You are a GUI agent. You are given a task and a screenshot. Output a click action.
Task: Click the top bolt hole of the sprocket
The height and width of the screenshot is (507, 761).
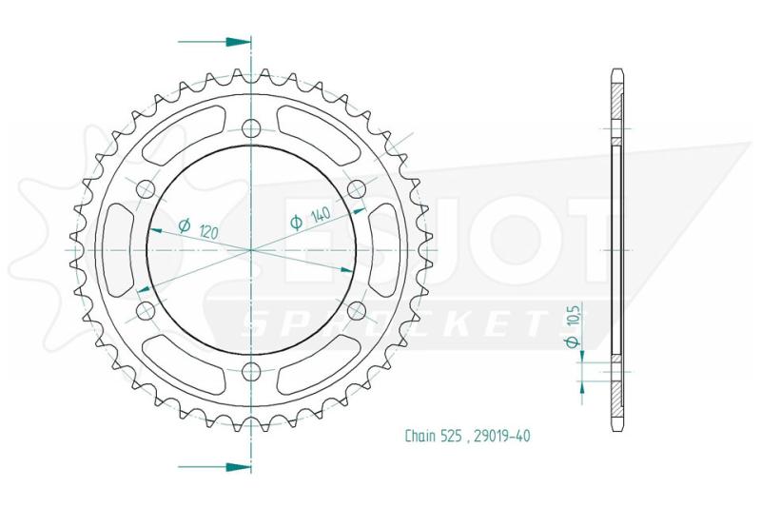251,128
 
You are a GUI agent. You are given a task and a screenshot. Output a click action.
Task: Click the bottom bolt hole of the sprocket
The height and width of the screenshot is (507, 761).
251,372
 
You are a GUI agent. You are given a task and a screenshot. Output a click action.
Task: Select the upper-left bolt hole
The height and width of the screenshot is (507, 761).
146,189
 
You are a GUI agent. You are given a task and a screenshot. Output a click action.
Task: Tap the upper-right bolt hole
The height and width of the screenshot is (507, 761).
357,189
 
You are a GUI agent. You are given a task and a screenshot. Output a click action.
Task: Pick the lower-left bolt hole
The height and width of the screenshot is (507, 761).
146,311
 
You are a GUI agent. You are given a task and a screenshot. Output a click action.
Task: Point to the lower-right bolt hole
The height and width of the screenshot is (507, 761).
357,311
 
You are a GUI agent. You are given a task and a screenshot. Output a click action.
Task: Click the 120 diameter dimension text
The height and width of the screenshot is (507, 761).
209,232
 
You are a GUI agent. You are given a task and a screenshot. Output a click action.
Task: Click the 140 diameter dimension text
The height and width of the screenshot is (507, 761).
320,215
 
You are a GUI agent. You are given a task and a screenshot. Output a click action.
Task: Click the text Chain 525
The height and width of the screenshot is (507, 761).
426,436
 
